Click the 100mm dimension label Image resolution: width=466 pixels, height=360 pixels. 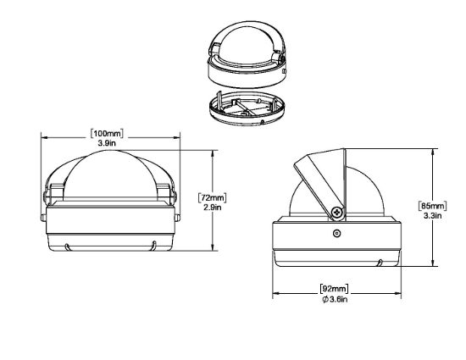107,133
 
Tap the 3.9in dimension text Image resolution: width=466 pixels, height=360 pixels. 107,143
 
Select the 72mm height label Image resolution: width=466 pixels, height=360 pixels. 212,197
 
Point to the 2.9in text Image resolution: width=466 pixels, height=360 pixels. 212,208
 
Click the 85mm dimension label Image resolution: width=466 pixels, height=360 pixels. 432,206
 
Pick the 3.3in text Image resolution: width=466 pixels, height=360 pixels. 432,215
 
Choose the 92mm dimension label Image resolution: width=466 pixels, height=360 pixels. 335,288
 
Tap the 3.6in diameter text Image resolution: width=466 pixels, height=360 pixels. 339,299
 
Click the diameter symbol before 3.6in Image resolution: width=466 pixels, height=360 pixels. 325,299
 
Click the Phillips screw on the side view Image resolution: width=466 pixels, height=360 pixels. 337,213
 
